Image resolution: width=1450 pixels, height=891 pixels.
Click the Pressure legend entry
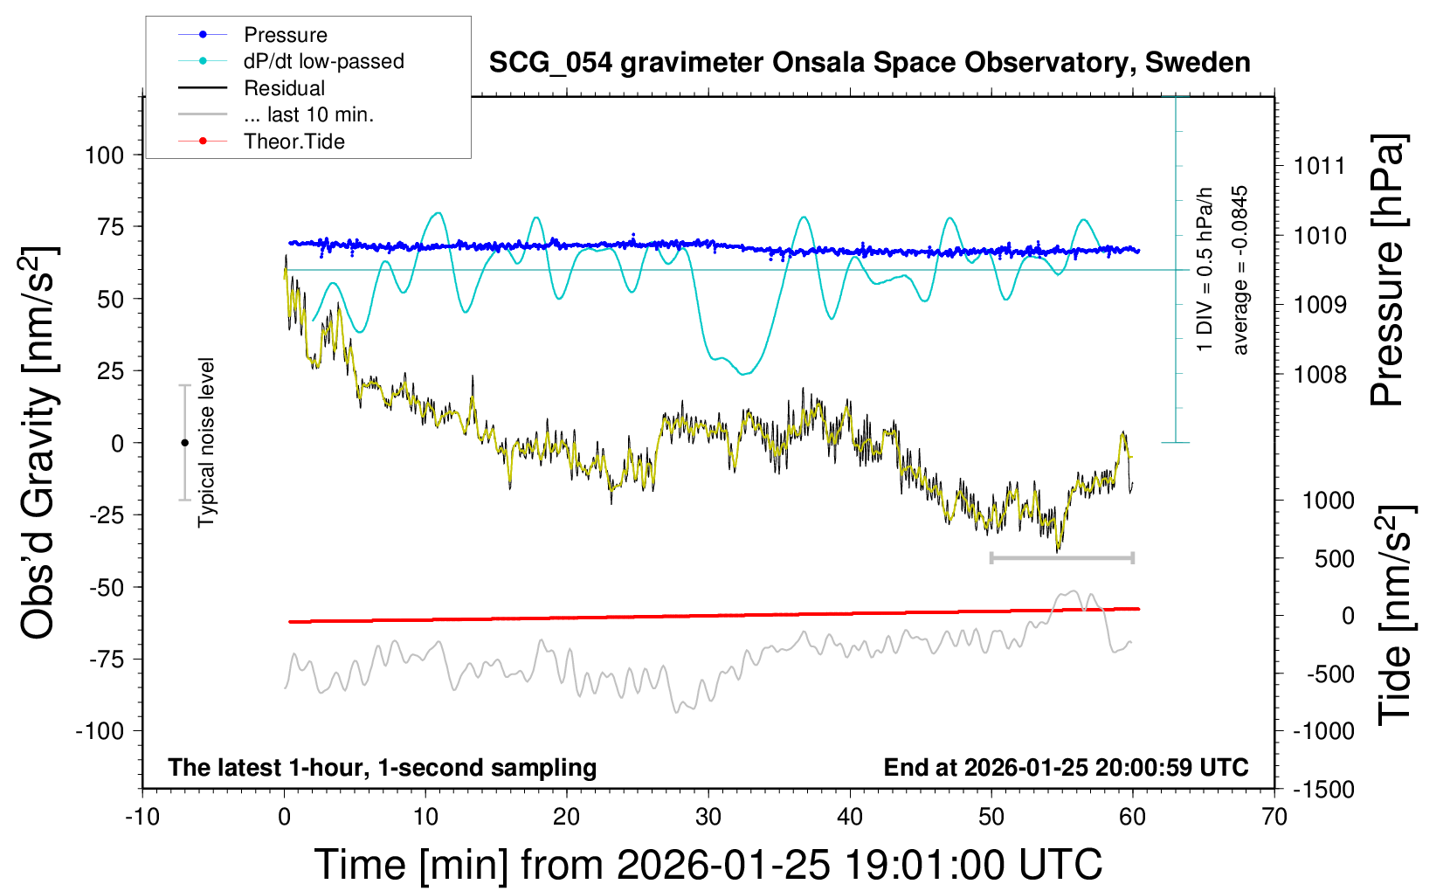click(x=285, y=35)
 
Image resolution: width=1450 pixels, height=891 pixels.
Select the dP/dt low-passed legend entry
click(x=323, y=61)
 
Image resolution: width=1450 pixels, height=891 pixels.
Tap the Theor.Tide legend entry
click(x=293, y=142)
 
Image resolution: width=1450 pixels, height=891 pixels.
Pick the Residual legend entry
click(x=284, y=88)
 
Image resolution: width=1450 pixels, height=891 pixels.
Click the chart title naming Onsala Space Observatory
click(x=869, y=63)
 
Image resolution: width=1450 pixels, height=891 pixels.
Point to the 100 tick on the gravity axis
click(x=105, y=155)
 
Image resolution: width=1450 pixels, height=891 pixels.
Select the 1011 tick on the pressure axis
click(x=1320, y=166)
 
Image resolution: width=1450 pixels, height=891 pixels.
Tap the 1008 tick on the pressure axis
click(x=1320, y=375)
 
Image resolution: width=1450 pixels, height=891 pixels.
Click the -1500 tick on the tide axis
click(x=1323, y=790)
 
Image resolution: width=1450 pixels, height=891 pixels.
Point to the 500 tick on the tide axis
click(x=1334, y=559)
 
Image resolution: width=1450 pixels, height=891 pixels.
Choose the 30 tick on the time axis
click(x=708, y=818)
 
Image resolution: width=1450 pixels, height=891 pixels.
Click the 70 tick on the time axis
click(x=1274, y=818)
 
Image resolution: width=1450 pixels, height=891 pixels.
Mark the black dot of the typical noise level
click(x=184, y=443)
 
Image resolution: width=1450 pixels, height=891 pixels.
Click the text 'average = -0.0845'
click(x=1240, y=270)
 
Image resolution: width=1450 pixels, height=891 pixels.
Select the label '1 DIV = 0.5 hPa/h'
click(x=1205, y=269)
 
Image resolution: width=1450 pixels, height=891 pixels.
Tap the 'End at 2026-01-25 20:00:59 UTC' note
click(x=1066, y=768)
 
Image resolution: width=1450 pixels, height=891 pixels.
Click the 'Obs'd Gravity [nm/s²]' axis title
click(x=40, y=443)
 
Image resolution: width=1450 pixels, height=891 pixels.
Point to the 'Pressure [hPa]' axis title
click(x=1388, y=271)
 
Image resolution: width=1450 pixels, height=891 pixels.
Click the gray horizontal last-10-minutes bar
click(x=1061, y=557)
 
